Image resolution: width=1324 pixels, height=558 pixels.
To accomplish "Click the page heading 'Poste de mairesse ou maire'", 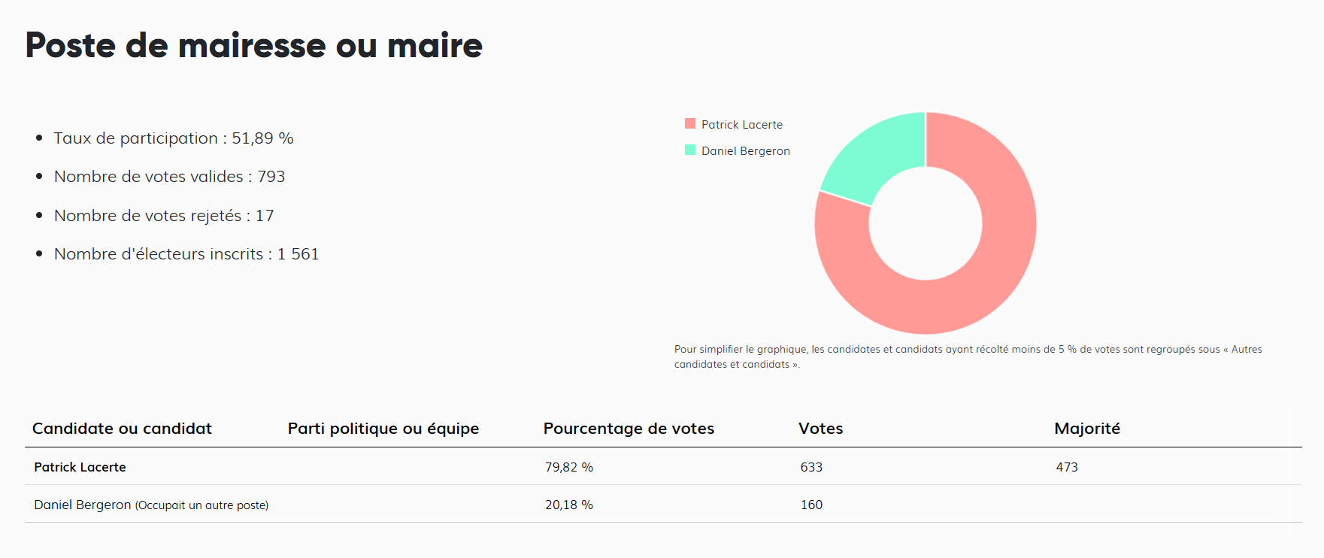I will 254,45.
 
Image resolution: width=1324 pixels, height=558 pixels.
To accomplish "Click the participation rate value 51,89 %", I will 262,138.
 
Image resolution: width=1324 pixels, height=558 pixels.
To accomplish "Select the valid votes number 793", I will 271,177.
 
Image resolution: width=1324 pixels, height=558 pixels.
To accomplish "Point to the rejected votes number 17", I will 265,216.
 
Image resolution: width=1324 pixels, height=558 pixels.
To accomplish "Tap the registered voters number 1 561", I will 298,254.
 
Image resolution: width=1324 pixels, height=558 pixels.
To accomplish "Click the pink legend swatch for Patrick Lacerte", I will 690,124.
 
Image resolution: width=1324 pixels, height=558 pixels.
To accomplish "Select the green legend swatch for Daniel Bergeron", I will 690,150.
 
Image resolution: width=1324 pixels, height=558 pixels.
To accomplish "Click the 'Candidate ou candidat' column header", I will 122,429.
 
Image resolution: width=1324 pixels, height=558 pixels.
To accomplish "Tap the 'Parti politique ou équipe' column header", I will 383,429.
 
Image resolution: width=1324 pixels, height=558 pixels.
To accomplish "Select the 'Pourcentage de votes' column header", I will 629,429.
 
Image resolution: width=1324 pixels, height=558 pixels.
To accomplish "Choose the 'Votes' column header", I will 820,429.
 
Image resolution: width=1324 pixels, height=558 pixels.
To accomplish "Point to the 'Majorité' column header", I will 1087,429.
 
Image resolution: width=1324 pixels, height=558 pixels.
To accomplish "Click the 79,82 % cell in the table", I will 569,467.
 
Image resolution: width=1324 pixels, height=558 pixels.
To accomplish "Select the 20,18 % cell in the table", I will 569,505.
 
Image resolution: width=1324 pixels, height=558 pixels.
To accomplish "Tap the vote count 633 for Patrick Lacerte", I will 811,467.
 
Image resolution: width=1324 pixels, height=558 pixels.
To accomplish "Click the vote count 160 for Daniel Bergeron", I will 811,505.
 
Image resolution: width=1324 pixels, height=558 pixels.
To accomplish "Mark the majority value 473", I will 1067,467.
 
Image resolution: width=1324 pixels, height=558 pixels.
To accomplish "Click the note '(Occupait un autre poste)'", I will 201,505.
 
